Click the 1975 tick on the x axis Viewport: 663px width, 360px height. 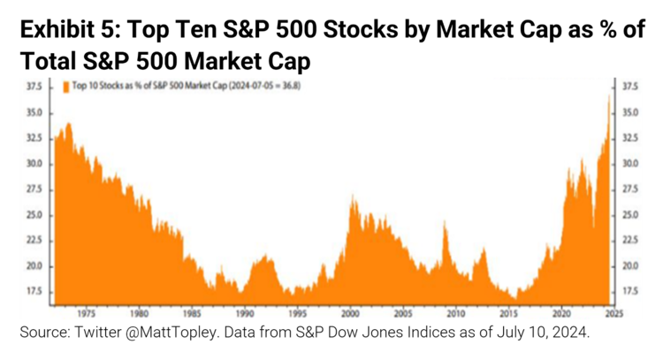pos(86,312)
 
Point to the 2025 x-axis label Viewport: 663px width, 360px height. pos(613,312)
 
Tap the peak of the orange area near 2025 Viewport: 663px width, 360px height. pos(609,95)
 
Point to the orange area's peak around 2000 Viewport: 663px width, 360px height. pos(354,196)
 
